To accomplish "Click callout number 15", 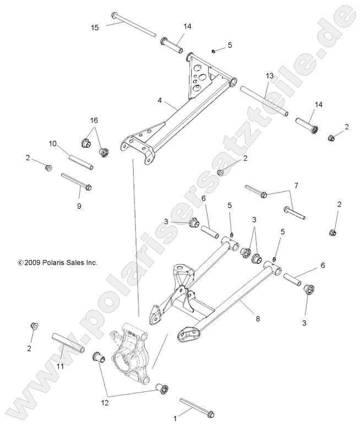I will (95, 28).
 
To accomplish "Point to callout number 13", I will (269, 75).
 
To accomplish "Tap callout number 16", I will (94, 119).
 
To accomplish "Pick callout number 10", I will (53, 144).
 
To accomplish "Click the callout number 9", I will (79, 206).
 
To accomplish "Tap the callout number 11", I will (61, 366).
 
